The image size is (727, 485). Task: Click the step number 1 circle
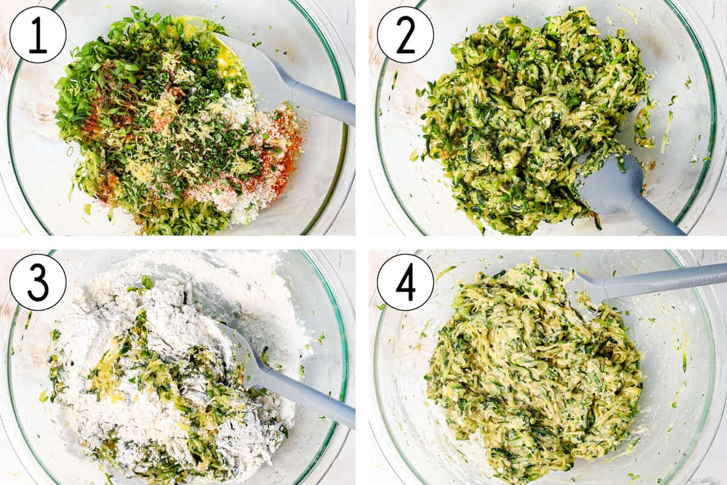38,35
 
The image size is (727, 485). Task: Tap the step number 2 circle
405,35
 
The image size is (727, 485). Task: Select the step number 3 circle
38,282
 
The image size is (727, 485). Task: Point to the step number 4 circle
405,282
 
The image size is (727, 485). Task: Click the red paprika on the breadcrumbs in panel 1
285,145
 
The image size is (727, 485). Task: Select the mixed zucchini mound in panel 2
527,115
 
